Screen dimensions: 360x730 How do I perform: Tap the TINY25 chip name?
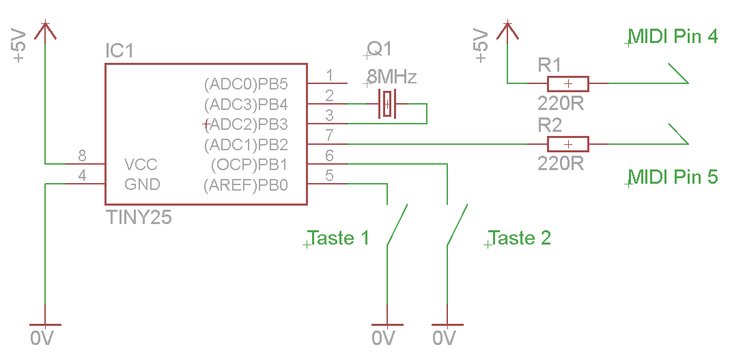click(139, 218)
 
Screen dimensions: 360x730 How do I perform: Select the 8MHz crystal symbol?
click(388, 105)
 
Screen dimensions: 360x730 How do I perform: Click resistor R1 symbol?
click(567, 84)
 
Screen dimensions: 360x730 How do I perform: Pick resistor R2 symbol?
click(567, 144)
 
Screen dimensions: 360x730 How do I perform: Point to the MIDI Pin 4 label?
click(673, 36)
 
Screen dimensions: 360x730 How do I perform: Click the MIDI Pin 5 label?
click(673, 177)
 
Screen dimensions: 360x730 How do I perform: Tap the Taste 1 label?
click(339, 238)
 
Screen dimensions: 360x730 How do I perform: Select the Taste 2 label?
click(520, 238)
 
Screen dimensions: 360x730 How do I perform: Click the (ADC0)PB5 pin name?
click(246, 85)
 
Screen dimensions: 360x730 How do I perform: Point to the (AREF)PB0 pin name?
click(246, 185)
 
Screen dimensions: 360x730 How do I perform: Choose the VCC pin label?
click(141, 165)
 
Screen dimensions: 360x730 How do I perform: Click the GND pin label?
click(142, 184)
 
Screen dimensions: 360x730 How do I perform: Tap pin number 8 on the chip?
click(83, 156)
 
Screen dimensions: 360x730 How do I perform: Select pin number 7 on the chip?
click(329, 135)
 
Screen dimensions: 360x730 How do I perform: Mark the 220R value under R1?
click(561, 104)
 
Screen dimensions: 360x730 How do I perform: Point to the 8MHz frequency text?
click(391, 74)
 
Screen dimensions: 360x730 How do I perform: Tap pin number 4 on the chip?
click(83, 176)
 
